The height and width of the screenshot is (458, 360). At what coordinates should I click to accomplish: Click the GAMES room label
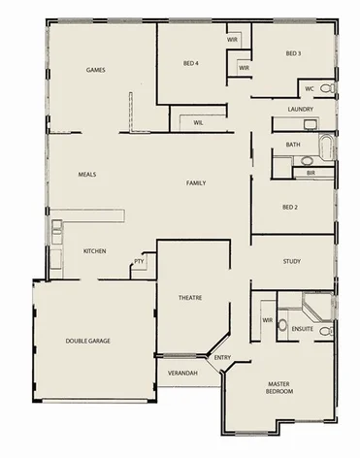pyautogui.click(x=96, y=70)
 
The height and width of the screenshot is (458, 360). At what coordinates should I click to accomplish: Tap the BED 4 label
pyautogui.click(x=191, y=63)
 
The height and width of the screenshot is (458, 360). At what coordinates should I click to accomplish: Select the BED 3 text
pyautogui.click(x=293, y=53)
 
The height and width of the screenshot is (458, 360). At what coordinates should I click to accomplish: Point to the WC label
pyautogui.click(x=310, y=88)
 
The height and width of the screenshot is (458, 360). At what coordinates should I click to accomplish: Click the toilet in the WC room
pyautogui.click(x=328, y=88)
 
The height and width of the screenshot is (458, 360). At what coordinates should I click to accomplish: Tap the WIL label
pyautogui.click(x=198, y=123)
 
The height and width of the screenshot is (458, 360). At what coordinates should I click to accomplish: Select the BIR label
pyautogui.click(x=311, y=173)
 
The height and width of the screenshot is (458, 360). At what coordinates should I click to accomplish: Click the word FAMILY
pyautogui.click(x=198, y=182)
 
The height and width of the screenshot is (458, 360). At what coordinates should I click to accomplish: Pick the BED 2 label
pyautogui.click(x=289, y=207)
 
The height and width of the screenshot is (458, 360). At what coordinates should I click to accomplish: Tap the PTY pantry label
pyautogui.click(x=139, y=261)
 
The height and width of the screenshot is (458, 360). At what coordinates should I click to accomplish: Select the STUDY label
pyautogui.click(x=292, y=261)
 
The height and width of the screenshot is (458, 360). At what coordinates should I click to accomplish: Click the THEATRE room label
pyautogui.click(x=189, y=297)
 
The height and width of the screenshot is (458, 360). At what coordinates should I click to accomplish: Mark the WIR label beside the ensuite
pyautogui.click(x=266, y=320)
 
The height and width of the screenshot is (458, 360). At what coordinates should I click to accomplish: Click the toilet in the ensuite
pyautogui.click(x=282, y=323)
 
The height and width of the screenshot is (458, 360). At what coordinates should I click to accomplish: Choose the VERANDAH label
pyautogui.click(x=182, y=373)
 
